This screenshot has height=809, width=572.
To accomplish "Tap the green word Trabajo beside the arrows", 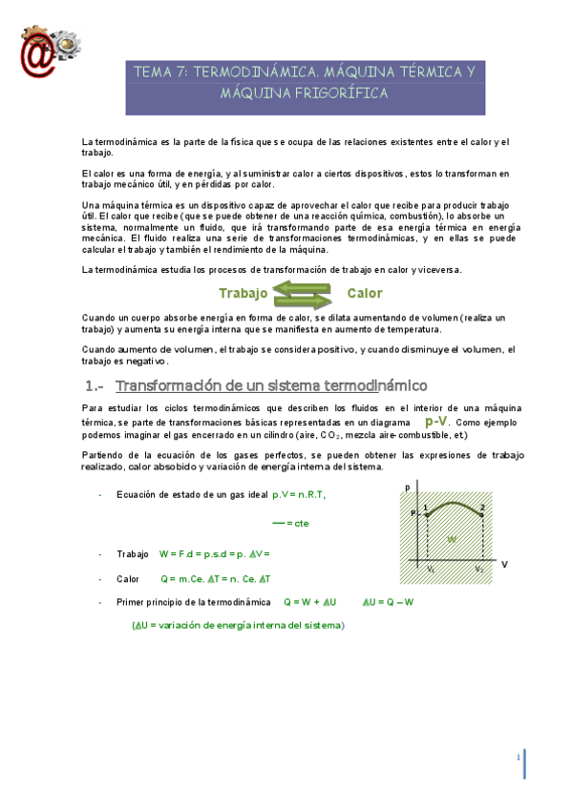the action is (x=243, y=293).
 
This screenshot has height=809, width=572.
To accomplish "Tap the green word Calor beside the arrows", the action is (x=365, y=293).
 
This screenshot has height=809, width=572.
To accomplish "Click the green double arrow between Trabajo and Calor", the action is (x=304, y=293).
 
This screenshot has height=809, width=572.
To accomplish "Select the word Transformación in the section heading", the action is (x=168, y=386).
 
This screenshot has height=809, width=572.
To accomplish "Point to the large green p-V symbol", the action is (x=435, y=421).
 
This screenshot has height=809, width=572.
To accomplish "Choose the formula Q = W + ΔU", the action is (x=309, y=602).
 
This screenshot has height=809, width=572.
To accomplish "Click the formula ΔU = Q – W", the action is (x=388, y=602).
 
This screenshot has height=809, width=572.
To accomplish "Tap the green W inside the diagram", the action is (x=452, y=539).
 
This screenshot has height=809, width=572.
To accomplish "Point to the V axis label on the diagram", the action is (x=504, y=564).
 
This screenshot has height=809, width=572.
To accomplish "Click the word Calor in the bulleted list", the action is (x=128, y=578).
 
